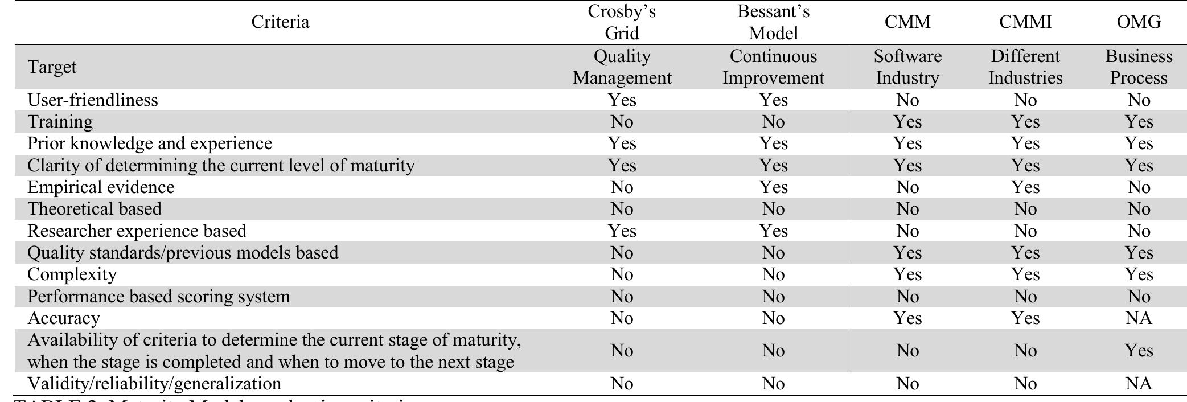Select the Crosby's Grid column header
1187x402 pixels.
[x=622, y=22]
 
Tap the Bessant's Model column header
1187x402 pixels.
[x=773, y=22]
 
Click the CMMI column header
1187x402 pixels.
[x=1025, y=22]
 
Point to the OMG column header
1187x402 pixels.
[x=1139, y=22]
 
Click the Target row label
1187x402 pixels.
[x=52, y=67]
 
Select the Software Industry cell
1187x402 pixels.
[x=907, y=67]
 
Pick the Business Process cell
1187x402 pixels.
[x=1139, y=67]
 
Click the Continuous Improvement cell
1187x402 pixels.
[x=773, y=67]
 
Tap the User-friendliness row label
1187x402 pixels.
[x=93, y=100]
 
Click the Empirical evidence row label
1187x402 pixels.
[x=101, y=187]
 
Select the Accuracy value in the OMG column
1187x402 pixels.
[x=1139, y=318]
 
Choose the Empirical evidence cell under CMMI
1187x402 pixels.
[x=1025, y=187]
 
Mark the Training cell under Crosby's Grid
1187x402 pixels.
[x=622, y=122]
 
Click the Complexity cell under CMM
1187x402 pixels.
[x=907, y=274]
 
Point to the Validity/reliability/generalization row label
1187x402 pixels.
[x=154, y=384]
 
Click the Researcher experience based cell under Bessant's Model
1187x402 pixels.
[x=773, y=231]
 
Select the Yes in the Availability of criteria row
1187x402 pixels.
[x=1139, y=351]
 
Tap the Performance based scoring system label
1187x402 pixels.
[x=159, y=297]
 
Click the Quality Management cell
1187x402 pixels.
[x=622, y=67]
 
